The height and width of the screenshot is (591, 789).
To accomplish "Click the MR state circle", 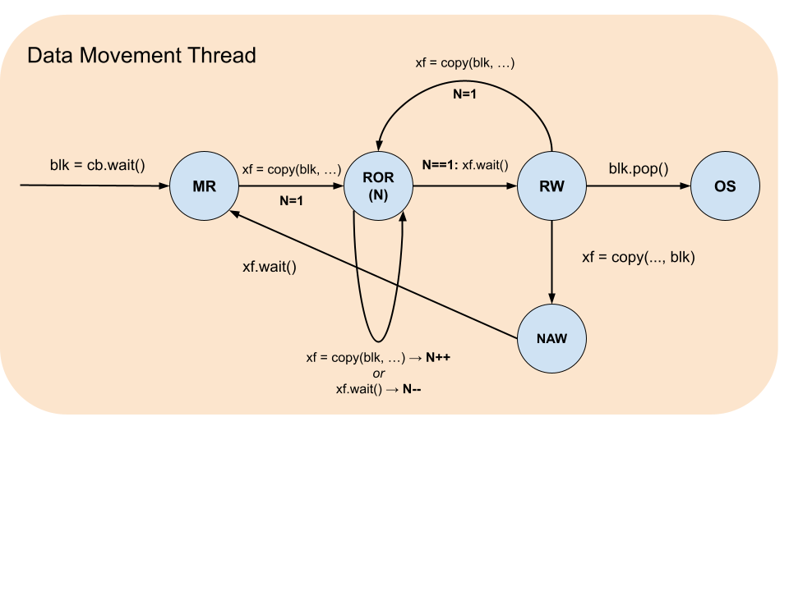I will tap(204, 186).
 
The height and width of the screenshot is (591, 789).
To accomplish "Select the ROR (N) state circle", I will tap(379, 186).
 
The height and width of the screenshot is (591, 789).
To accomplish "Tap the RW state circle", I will tap(551, 186).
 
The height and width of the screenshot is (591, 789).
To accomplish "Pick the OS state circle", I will tap(724, 186).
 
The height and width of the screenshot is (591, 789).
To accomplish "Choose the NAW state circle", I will tap(551, 337).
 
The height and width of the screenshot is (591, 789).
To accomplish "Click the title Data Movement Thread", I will tap(141, 56).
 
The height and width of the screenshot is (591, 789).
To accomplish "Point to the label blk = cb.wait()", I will tap(97, 164).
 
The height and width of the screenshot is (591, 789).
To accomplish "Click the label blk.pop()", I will tap(639, 169).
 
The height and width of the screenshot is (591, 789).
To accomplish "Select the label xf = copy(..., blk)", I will tap(639, 257).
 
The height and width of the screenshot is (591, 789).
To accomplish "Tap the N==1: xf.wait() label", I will tap(465, 165).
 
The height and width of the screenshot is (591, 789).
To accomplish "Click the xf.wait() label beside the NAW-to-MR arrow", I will tap(269, 267).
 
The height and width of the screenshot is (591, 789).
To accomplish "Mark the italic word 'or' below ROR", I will tap(378, 373).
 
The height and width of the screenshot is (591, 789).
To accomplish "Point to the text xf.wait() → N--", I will tap(379, 389).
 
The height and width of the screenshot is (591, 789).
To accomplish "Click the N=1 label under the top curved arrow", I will tap(465, 94).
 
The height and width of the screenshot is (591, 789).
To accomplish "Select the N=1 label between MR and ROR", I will tap(291, 199).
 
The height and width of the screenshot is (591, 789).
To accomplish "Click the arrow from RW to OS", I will tap(638, 186).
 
